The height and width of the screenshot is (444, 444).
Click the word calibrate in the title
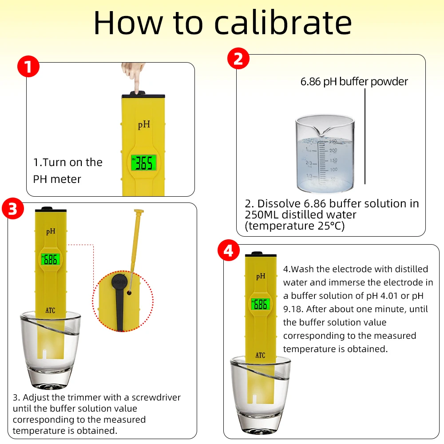pos(283,23)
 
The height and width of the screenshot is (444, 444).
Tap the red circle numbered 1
pos(28,67)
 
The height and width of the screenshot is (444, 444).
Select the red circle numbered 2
pos(238,59)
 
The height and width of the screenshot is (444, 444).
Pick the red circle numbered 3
pos(13,209)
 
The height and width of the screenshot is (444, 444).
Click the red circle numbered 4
pos(229,250)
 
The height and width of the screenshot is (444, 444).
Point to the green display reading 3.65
pos(144,163)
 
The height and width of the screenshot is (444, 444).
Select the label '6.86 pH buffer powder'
pos(354,82)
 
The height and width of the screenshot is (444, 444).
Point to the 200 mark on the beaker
pos(333,151)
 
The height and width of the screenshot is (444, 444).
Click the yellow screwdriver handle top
pos(139,211)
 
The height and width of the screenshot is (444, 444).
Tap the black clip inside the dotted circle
pos(119,301)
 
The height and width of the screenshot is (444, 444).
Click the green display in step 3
pos(51,259)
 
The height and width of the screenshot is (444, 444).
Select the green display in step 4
pos(260,305)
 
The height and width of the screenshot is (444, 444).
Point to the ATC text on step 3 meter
pos(51,310)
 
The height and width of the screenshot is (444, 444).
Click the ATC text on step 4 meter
pos(260,355)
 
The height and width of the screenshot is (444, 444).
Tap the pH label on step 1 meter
pos(144,125)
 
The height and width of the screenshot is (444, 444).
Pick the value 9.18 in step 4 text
pos(293,309)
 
